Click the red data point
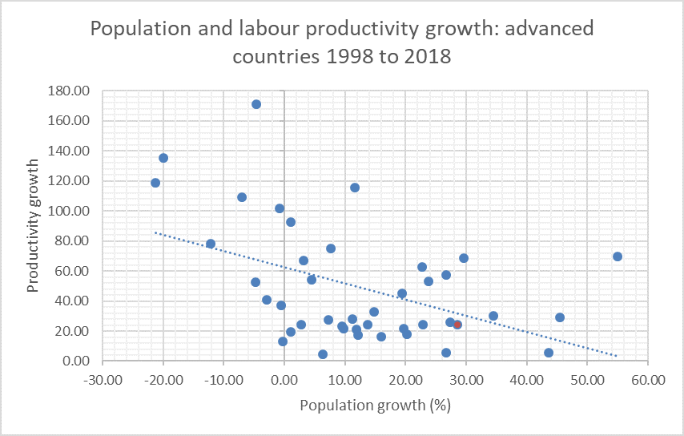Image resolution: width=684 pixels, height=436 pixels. [457, 325]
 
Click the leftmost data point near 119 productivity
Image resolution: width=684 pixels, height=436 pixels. [155, 183]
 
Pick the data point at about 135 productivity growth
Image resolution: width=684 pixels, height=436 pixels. [163, 158]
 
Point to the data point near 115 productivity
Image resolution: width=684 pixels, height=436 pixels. [355, 188]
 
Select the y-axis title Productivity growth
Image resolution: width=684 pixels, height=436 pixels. [33, 226]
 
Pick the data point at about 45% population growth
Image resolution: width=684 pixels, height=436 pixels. [560, 317]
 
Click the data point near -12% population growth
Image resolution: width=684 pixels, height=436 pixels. [211, 244]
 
